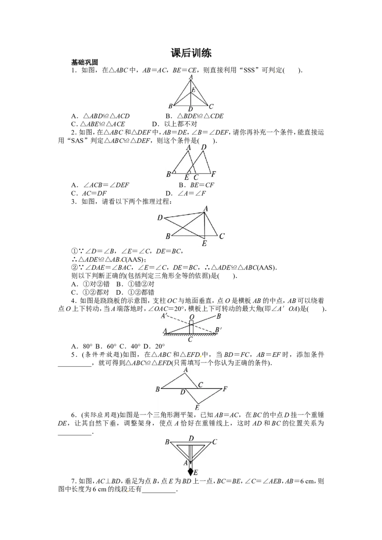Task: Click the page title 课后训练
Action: (191, 53)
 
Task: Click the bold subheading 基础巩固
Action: (85, 62)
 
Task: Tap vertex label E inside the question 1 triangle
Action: (193, 90)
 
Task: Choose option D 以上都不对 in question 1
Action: (174, 124)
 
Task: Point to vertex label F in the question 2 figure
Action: (213, 174)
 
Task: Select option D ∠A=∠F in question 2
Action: (185, 193)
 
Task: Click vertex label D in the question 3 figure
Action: (160, 218)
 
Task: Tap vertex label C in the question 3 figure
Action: (222, 236)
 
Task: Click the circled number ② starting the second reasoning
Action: (74, 268)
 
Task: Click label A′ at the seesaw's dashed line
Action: (164, 316)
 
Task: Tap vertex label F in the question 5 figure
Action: (225, 389)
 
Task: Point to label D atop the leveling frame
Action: (191, 438)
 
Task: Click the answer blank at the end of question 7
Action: (159, 492)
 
